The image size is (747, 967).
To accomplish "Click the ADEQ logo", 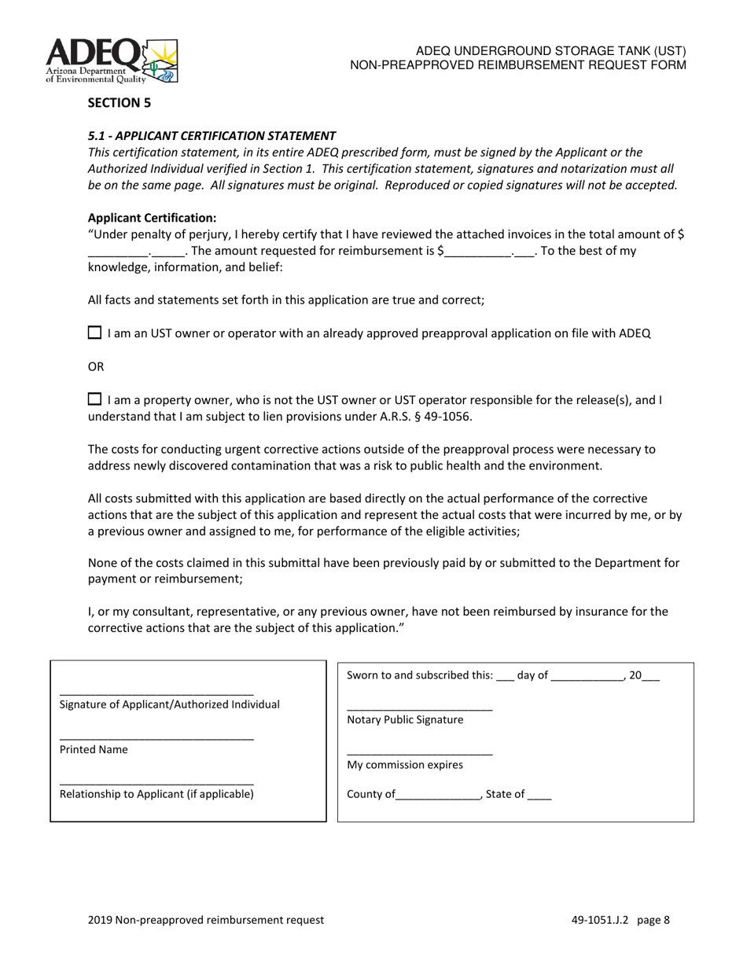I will click(x=112, y=61).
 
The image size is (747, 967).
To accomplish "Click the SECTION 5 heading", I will click(x=119, y=102).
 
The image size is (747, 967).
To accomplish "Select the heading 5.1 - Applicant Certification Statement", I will click(x=212, y=135).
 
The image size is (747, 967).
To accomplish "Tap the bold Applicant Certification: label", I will click(x=152, y=218).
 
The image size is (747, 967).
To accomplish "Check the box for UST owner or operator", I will click(x=94, y=333).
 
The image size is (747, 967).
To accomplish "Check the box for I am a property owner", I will click(x=94, y=399).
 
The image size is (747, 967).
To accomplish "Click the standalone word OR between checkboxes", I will click(x=96, y=366).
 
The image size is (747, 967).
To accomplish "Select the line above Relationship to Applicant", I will click(x=156, y=783).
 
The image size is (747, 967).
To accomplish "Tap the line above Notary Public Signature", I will click(x=419, y=709).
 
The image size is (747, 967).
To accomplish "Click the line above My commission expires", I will click(x=419, y=754).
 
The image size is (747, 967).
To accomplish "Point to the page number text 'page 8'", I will click(x=654, y=920).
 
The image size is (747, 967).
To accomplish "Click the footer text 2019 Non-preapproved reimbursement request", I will click(x=206, y=920).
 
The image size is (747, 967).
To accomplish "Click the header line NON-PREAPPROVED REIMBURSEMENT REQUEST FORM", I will click(x=518, y=64).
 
